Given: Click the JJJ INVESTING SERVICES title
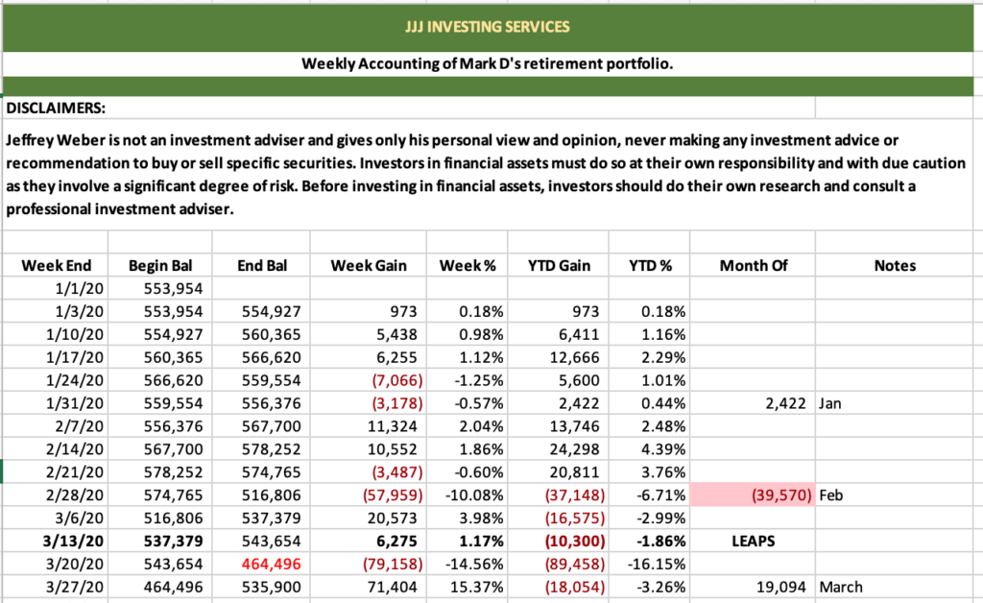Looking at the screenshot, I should tap(487, 26).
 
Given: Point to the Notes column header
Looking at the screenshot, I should tap(895, 265).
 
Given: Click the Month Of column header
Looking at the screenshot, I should tap(752, 265).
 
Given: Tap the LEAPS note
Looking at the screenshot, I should tap(752, 541).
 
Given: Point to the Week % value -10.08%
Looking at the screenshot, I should tap(470, 494).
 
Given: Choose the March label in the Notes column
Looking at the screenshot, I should tap(841, 587).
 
